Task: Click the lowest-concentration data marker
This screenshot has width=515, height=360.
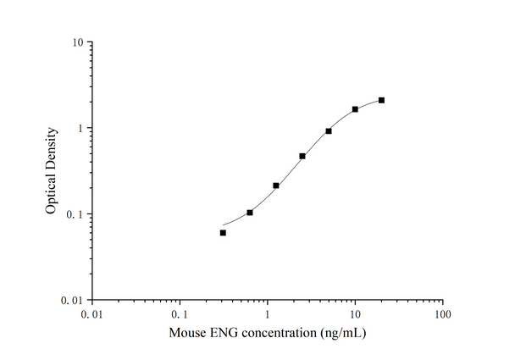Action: click(x=223, y=232)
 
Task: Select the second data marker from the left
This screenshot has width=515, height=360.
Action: click(x=249, y=213)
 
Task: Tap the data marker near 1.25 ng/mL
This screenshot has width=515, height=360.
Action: click(x=276, y=186)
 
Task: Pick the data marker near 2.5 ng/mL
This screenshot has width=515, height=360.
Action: click(x=302, y=156)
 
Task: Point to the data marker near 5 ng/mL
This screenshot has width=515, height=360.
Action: click(x=329, y=131)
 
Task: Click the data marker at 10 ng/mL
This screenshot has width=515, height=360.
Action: click(x=355, y=109)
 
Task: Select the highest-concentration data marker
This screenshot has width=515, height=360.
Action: click(x=381, y=100)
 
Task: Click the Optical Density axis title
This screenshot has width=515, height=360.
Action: click(x=52, y=171)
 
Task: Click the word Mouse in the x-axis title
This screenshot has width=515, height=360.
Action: click(x=186, y=335)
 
